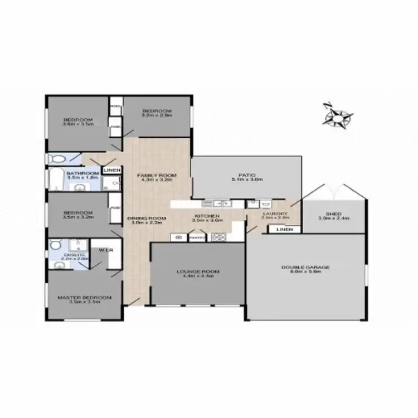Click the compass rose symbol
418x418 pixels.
pos(338,116)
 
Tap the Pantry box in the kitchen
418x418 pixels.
pos(196,237)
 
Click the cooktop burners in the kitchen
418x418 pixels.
pos(218,237)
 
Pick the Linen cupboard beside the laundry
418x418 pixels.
pos(284,229)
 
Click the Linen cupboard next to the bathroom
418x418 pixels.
pos(111,170)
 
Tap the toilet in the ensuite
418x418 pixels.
pos(55,246)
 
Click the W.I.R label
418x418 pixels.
pos(106,250)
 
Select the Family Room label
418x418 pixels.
pos(157,178)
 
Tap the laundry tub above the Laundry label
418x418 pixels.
pos(265,203)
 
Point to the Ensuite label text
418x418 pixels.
pos(74,256)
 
